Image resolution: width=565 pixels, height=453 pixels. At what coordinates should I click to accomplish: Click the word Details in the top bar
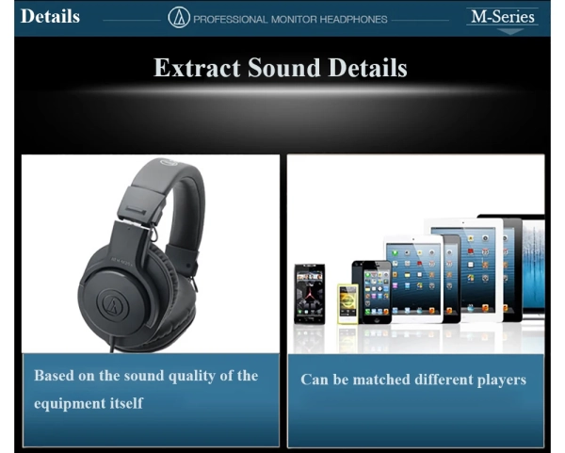(x=50, y=17)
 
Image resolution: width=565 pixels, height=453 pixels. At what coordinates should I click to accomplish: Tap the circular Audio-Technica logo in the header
(x=179, y=18)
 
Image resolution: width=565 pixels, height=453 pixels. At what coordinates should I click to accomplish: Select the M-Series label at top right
(x=503, y=17)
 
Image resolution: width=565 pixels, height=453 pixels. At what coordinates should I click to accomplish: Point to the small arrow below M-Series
(x=509, y=31)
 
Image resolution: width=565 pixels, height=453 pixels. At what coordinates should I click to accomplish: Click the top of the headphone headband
(x=169, y=170)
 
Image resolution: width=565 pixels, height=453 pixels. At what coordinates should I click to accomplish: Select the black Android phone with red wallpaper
(x=309, y=293)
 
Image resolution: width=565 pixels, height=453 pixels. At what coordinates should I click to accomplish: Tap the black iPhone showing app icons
(x=376, y=291)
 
